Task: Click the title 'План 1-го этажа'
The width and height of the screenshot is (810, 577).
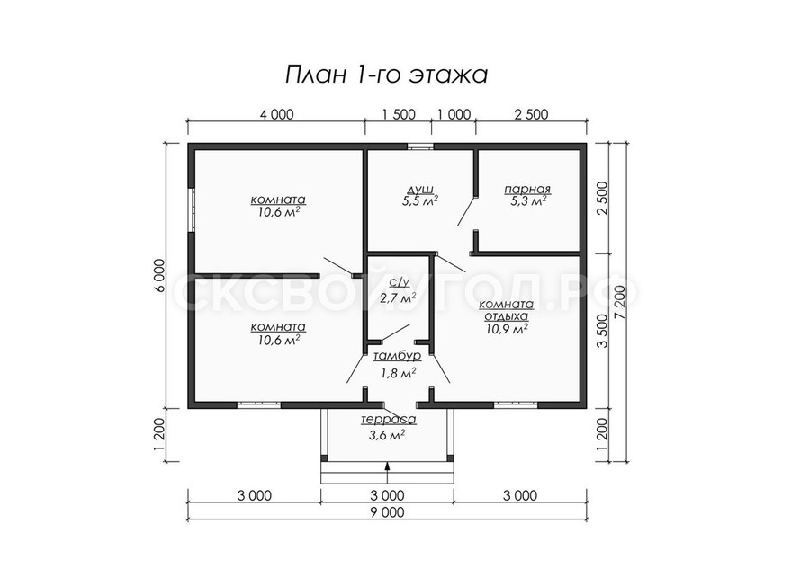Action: pos(386,75)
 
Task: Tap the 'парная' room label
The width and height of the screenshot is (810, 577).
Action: pos(527,190)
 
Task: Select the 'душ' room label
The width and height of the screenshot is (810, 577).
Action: pos(420,190)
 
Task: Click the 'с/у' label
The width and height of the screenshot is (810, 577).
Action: pos(400,282)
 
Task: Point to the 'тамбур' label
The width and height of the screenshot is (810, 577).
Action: pos(397,356)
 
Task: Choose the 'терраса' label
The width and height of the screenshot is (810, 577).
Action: pos(389,420)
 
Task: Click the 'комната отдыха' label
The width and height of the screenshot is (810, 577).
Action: pos(506,310)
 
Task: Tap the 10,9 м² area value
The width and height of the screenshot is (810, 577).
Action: pos(506,328)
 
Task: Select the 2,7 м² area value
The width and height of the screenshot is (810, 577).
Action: pos(399,297)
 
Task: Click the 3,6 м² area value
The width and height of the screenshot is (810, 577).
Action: pos(386,435)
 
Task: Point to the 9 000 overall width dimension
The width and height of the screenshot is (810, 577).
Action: pos(387,512)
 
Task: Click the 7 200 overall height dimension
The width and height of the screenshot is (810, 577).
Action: pos(620,302)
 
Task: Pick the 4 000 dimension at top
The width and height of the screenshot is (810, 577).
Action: pos(276,114)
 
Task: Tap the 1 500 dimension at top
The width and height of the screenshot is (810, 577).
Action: pos(399,114)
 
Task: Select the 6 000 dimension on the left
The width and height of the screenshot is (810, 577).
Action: pos(160,276)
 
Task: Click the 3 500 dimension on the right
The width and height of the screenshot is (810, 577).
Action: pos(602,331)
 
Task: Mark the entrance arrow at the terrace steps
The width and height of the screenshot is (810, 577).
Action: pos(387,472)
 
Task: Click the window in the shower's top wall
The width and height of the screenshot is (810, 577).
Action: pos(420,146)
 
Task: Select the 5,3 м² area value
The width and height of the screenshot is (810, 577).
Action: pos(526,201)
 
